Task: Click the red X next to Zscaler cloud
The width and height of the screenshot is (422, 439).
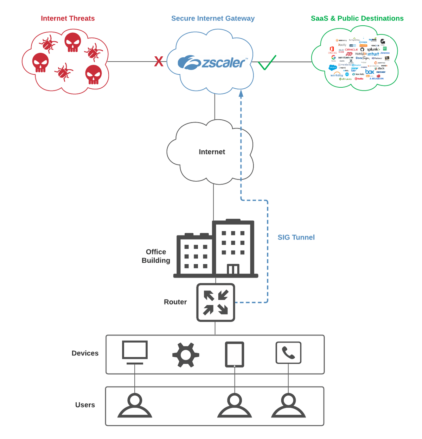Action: click(159, 62)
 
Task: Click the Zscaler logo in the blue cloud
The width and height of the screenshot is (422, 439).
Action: click(211, 63)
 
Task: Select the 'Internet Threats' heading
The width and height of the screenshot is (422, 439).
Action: click(68, 18)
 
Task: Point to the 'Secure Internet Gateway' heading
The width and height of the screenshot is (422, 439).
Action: click(213, 18)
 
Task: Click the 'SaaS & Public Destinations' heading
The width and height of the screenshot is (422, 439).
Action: click(357, 18)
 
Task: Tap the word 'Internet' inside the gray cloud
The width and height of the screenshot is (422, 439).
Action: click(212, 152)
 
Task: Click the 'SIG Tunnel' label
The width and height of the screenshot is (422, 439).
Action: click(296, 237)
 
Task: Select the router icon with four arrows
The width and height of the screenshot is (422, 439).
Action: click(216, 302)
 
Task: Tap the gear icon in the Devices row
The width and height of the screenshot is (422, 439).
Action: click(186, 355)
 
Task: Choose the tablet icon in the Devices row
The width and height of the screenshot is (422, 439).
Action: click(235, 355)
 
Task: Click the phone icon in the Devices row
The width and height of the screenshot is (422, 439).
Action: click(288, 352)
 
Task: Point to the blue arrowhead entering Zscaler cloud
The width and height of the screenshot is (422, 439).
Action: click(241, 93)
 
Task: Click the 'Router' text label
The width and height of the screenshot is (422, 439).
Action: click(175, 302)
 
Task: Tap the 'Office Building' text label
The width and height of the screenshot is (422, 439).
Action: click(156, 256)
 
